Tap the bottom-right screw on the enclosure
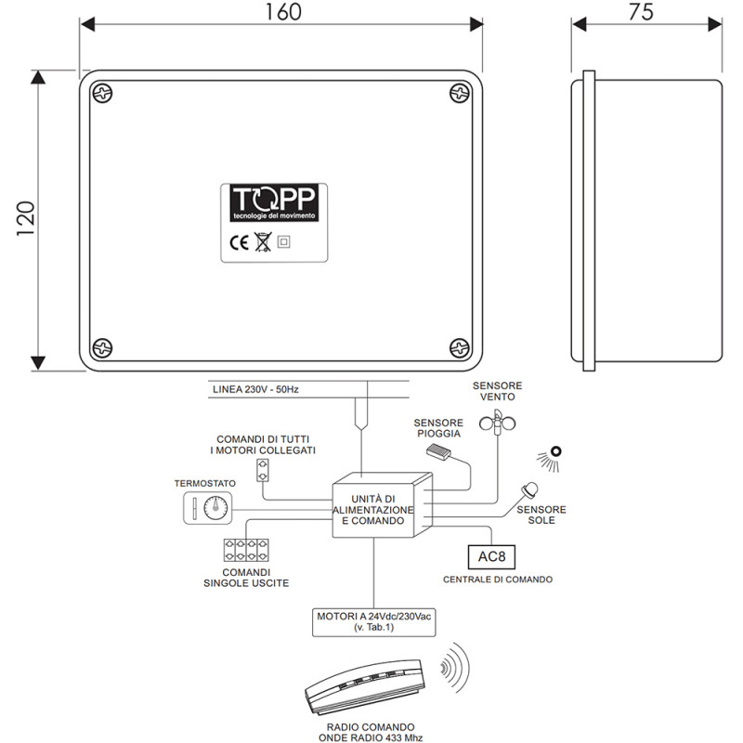tap(459, 346)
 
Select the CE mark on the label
tap(239, 244)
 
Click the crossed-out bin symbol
tap(262, 244)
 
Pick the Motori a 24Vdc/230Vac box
tap(375, 621)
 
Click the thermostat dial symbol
tap(216, 508)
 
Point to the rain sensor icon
tap(438, 452)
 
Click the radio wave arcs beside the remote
tap(454, 668)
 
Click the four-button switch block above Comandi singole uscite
tap(245, 548)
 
